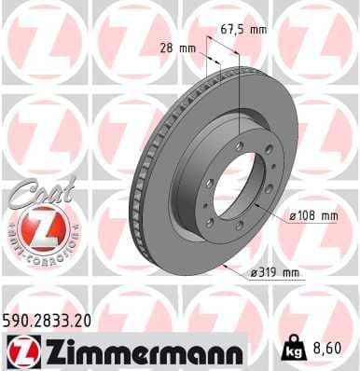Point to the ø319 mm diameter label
[275, 272]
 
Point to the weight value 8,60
[325, 350]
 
